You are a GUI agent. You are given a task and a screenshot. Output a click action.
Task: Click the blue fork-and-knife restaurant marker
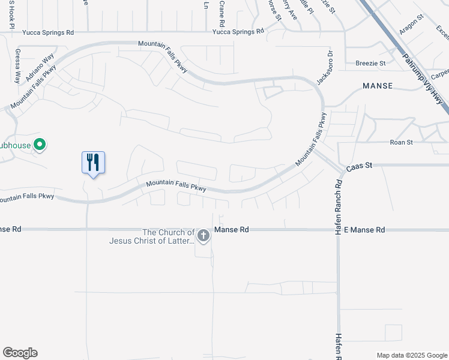pos(93,163)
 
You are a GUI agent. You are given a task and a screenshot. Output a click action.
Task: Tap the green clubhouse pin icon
pos(40,145)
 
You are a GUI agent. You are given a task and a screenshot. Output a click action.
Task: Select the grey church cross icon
pos(203,235)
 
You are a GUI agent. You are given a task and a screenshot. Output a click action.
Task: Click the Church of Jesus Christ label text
pos(168,236)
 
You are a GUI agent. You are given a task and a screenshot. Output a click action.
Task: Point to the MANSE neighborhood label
pos(378,86)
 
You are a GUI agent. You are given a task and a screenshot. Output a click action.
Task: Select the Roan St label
pos(402,142)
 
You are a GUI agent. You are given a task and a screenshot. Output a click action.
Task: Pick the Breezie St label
pos(370,62)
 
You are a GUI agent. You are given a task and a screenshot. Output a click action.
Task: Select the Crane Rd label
pos(221,13)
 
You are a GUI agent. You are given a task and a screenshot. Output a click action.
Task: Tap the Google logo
pos(20,353)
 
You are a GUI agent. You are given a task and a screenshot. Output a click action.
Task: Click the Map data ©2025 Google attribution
pos(411,355)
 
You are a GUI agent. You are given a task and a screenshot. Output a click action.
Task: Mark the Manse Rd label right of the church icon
pos(232,230)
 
